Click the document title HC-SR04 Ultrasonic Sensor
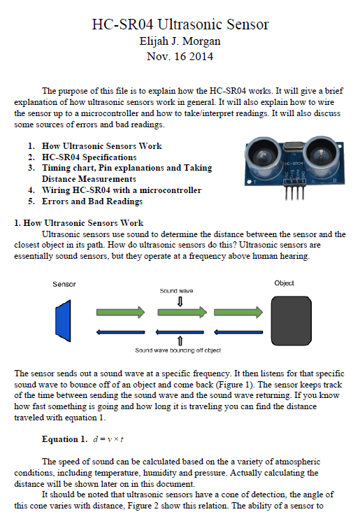tap(180, 24)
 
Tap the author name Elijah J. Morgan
tap(180, 41)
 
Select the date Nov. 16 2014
tap(180, 56)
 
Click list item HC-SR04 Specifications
tap(89, 157)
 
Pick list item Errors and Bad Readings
tap(92, 201)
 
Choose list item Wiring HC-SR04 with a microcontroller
tap(122, 190)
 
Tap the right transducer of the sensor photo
tap(321, 152)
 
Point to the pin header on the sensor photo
tap(295, 190)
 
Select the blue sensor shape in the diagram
tap(63, 320)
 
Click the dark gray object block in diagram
tap(291, 320)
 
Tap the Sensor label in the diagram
tap(64, 284)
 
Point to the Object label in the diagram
tap(285, 283)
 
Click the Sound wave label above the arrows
tap(176, 291)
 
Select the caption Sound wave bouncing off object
tap(178, 350)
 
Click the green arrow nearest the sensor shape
tap(120, 312)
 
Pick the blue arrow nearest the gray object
tap(238, 332)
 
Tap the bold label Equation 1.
tap(64, 439)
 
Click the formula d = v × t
tap(108, 439)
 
